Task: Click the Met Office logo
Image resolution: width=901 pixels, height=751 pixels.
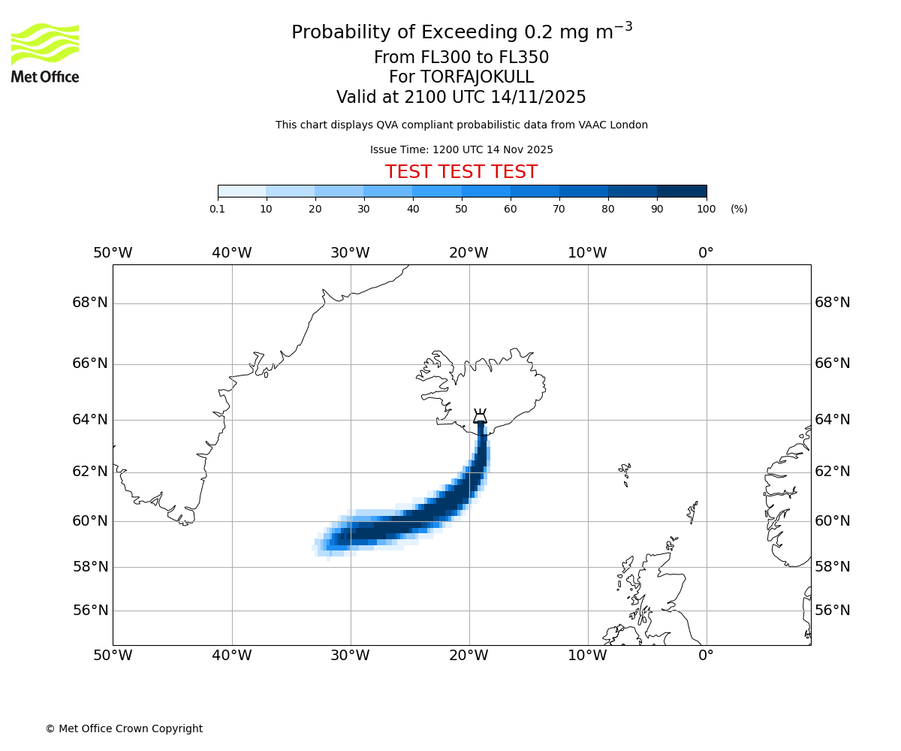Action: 45,53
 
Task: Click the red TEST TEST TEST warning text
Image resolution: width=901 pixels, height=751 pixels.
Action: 461,173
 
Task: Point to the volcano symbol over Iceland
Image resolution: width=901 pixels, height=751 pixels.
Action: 480,417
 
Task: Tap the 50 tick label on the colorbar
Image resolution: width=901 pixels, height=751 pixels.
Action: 461,209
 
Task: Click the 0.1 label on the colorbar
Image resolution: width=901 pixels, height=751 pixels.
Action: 217,209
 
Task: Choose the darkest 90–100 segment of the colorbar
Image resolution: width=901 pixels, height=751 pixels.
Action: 682,192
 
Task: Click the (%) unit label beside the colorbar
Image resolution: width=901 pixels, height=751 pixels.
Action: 739,209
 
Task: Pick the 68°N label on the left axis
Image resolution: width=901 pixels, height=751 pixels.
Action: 90,303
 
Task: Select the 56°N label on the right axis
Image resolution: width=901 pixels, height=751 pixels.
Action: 833,611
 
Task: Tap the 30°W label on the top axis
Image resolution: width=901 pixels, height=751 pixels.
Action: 350,253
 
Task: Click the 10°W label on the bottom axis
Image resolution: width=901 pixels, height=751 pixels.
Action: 587,656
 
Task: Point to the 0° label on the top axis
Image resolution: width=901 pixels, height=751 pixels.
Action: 706,253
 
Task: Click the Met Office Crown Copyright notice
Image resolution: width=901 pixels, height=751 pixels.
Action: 124,728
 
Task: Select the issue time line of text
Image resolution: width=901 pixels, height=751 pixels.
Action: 461,149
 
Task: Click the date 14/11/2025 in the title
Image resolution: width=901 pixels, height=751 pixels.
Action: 538,98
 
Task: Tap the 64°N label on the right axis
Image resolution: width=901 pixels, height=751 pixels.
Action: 833,420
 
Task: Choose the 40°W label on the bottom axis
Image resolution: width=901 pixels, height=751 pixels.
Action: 231,656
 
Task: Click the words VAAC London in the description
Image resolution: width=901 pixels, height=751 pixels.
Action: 616,125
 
